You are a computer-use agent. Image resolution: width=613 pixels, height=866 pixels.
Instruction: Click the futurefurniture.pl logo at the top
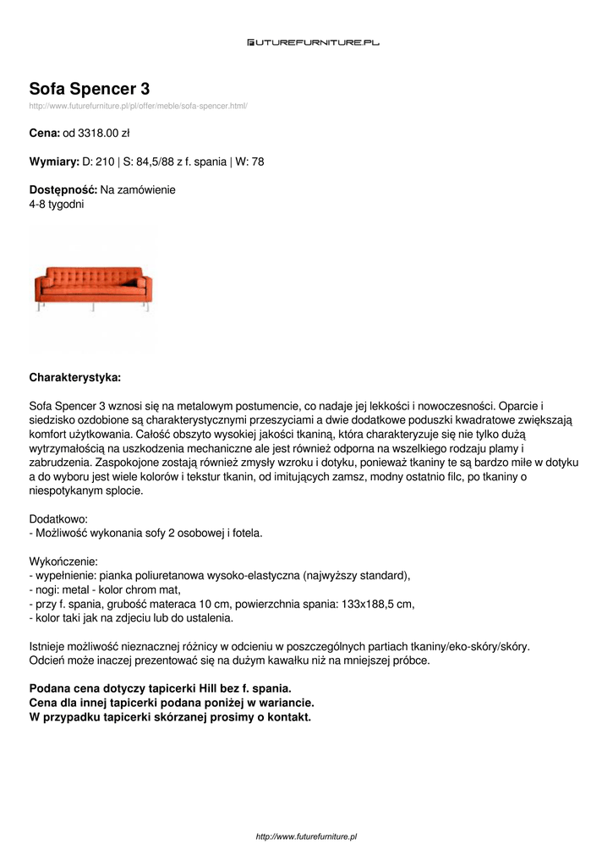coord(313,41)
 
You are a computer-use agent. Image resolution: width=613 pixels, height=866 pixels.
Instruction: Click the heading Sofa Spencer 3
coord(90,89)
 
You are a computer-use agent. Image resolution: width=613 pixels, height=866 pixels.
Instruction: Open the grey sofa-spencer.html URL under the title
coord(138,106)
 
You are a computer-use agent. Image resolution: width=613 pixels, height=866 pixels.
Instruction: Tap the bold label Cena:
coord(44,133)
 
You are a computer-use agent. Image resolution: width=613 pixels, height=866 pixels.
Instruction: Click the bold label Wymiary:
coord(54,162)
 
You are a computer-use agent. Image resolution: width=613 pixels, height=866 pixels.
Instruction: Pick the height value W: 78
coord(250,162)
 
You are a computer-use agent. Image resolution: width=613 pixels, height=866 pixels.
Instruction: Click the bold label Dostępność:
coord(63,190)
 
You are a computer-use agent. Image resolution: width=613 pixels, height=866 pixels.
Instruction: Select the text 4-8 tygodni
coord(57,205)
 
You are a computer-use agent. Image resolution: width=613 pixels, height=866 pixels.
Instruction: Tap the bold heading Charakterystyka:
coord(74,376)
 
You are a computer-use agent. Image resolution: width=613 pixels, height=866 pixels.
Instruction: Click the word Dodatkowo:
coord(58,518)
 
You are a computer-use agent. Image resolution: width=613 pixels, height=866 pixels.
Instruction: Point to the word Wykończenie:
coord(63,561)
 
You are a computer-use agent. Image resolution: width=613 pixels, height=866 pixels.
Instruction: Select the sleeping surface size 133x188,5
coord(369,604)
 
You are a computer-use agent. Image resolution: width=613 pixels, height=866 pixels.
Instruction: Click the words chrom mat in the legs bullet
coord(156,589)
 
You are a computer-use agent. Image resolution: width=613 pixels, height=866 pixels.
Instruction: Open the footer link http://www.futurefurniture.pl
coord(306,836)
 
